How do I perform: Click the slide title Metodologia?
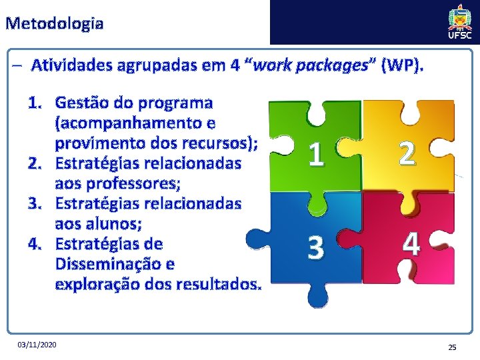[54, 24]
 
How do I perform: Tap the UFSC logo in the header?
[460, 21]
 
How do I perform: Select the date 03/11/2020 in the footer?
[38, 344]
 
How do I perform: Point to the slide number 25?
[451, 347]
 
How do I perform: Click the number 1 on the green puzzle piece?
[317, 155]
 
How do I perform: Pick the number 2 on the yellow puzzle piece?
[408, 154]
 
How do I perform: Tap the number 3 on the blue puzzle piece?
[317, 248]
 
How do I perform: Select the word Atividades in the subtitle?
[71, 66]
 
